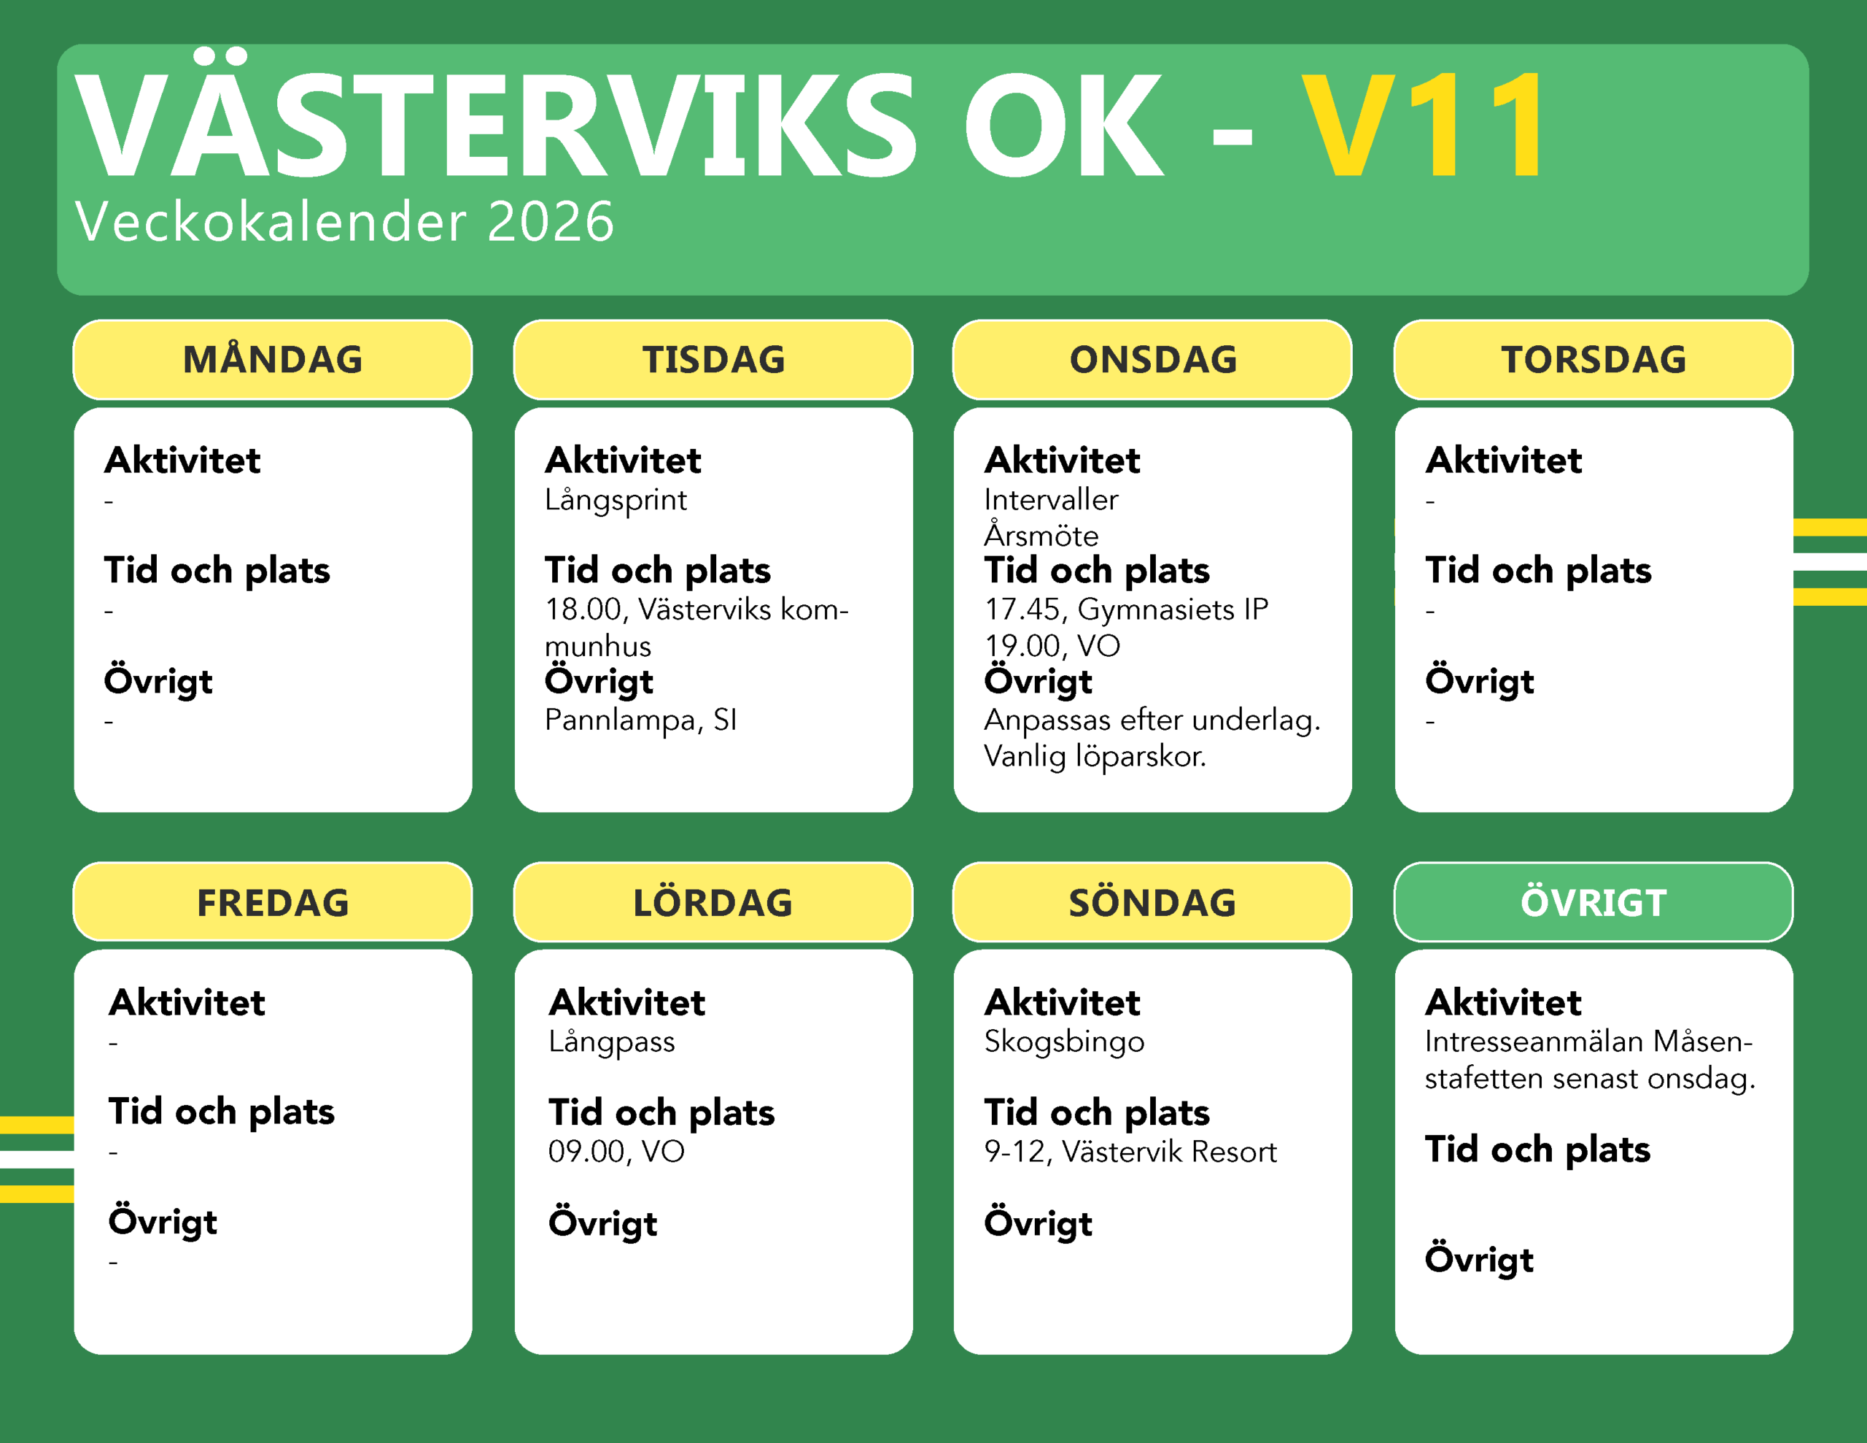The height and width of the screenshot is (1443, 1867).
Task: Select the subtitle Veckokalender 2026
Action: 344,220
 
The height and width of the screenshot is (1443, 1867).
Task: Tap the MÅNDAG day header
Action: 273,359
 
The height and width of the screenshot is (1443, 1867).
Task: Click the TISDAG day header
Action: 713,359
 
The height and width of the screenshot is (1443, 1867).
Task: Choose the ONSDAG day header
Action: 1152,359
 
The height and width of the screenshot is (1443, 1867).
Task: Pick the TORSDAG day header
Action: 1594,359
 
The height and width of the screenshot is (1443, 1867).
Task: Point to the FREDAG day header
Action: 273,902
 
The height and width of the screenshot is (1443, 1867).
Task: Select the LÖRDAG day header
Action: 713,902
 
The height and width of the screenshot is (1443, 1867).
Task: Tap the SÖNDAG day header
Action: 1152,902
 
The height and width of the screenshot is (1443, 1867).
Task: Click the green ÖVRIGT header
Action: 1594,902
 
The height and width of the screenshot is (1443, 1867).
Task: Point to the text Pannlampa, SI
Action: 640,720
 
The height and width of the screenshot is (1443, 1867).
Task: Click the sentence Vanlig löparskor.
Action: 1095,756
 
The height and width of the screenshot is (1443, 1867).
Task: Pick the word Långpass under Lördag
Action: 612,1042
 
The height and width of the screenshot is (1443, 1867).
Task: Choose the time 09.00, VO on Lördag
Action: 616,1151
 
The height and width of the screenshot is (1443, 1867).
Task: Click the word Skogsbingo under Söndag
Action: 1064,1042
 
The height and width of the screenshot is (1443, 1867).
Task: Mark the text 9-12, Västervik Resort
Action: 1130,1151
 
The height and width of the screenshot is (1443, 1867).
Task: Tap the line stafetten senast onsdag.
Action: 1590,1079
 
